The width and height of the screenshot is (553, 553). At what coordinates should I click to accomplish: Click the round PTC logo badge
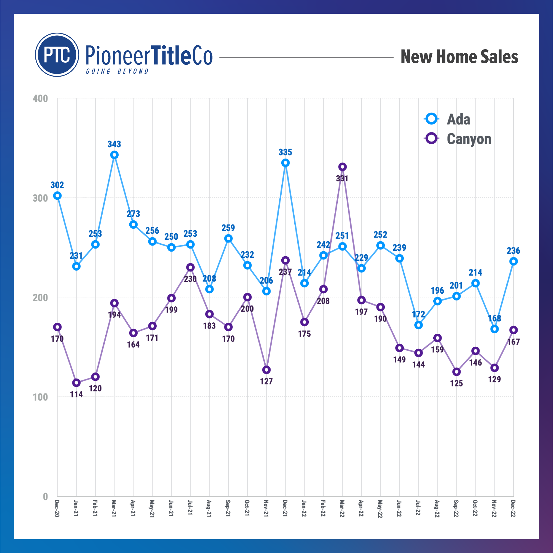click(x=57, y=55)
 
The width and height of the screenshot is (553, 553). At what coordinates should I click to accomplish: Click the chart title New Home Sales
click(x=459, y=57)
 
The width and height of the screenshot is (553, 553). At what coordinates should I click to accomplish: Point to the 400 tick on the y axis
click(x=40, y=99)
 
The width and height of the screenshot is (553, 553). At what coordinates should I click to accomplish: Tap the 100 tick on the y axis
click(x=40, y=397)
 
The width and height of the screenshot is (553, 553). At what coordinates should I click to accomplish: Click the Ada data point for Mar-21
click(x=114, y=155)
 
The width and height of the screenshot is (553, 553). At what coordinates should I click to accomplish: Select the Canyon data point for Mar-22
click(x=342, y=167)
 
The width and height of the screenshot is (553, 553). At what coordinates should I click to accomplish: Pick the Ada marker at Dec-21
click(x=285, y=163)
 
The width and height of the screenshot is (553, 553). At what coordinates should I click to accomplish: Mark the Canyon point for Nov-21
click(x=266, y=370)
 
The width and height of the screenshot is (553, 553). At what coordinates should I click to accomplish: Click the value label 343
click(x=114, y=144)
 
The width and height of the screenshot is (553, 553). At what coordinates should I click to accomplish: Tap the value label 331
click(x=342, y=179)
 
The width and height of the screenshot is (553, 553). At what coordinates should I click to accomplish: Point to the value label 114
click(x=76, y=395)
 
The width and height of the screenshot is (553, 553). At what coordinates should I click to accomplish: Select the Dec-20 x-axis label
click(x=57, y=508)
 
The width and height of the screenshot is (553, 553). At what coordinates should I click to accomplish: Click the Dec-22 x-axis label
click(x=513, y=508)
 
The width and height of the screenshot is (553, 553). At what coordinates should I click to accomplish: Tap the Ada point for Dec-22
click(x=513, y=262)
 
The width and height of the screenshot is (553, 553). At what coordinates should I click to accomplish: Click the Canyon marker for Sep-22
click(x=457, y=372)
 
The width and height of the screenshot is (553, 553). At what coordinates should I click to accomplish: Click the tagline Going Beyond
click(x=117, y=71)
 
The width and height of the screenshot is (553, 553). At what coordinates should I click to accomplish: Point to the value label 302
click(x=57, y=185)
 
